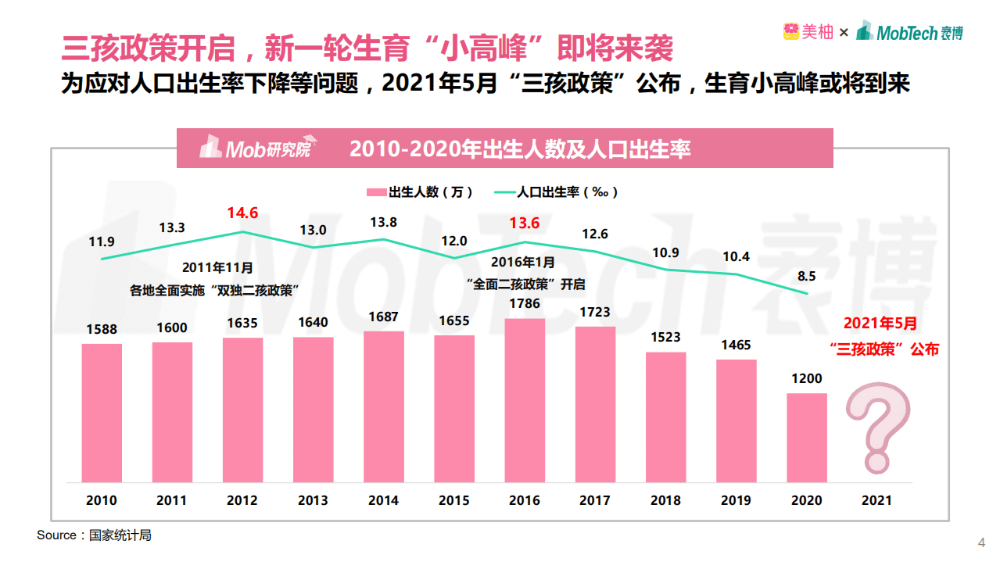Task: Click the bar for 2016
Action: [525, 400]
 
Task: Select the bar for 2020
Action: [807, 438]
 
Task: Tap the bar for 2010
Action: [102, 413]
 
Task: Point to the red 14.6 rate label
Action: [242, 213]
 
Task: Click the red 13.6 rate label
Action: [524, 223]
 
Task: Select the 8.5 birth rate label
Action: [806, 276]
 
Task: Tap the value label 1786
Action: [525, 303]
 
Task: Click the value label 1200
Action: [807, 378]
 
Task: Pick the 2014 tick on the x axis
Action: [383, 500]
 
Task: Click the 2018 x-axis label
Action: [665, 500]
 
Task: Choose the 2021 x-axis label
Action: [876, 500]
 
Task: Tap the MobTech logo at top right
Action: [909, 32]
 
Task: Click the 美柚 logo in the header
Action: [808, 32]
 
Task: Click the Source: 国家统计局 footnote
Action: [94, 535]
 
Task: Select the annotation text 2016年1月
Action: [524, 262]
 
